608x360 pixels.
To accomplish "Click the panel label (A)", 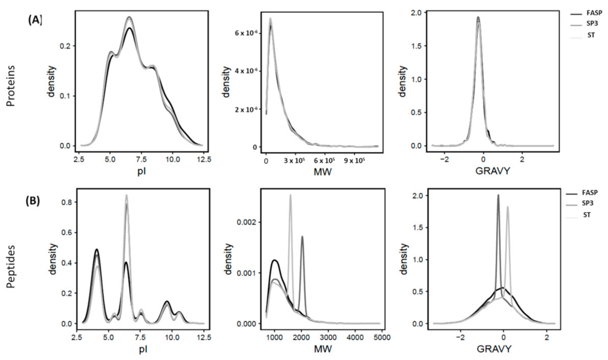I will point(35,19).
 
